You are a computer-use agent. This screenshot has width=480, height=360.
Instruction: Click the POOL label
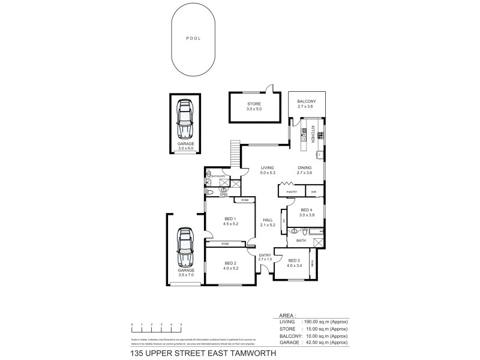[x=193, y=38]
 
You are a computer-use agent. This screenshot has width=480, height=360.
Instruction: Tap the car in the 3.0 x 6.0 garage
[x=185, y=119]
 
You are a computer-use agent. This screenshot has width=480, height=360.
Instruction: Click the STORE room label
[x=254, y=104]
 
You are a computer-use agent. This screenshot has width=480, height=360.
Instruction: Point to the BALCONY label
[x=307, y=102]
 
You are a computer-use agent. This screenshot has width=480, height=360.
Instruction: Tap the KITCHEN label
[x=313, y=134]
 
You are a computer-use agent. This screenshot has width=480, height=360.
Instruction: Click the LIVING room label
[x=268, y=167]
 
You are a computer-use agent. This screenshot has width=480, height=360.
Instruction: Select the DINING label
[x=305, y=167]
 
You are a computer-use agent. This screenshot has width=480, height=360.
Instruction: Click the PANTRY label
[x=292, y=192]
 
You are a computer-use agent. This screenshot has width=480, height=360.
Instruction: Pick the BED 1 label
[x=230, y=218]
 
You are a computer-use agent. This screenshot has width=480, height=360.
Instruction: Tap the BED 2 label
[x=230, y=263]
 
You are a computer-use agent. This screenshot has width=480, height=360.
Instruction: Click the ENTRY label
[x=265, y=256]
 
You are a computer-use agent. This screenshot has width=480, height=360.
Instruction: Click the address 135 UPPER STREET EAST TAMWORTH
[x=203, y=353]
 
